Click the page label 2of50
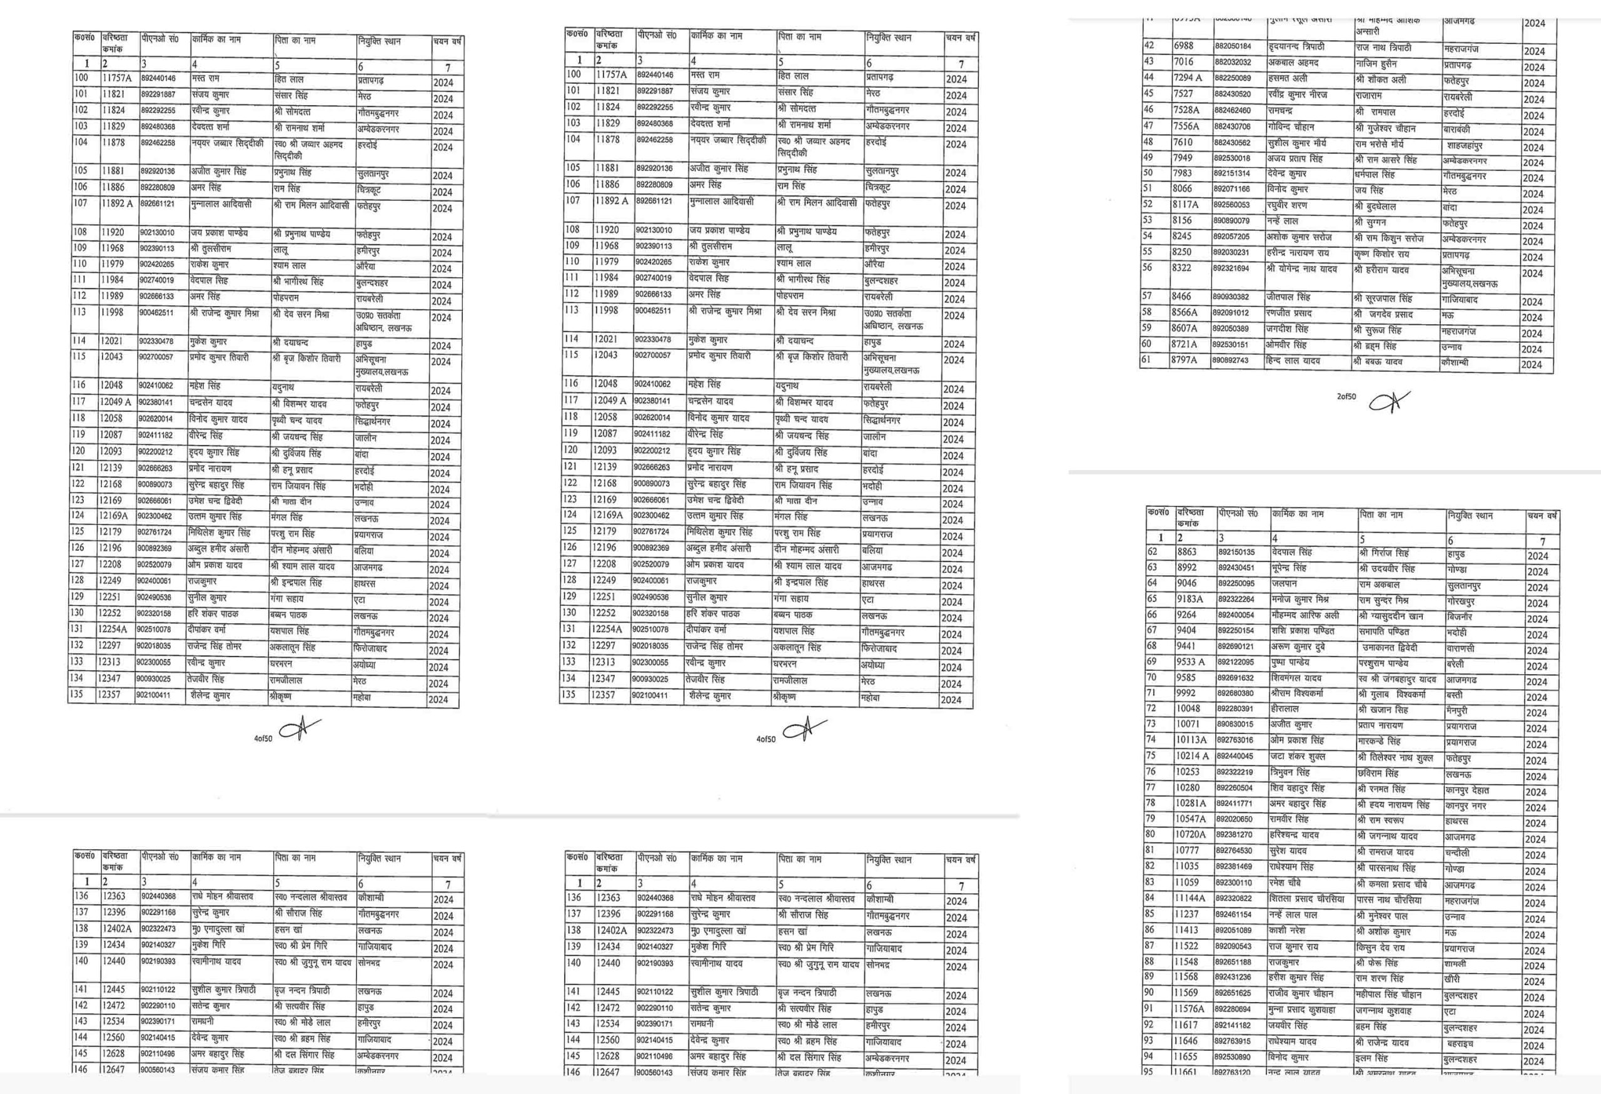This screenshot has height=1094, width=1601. [1346, 396]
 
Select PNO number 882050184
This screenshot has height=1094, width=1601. [1233, 47]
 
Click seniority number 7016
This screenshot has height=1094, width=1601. [1185, 62]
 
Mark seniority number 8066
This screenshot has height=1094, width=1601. [1181, 189]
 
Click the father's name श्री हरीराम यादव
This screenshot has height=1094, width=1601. [1381, 270]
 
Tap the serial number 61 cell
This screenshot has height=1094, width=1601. [1147, 359]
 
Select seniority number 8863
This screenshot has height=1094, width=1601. [1187, 552]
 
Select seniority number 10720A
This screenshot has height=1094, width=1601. [1190, 836]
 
